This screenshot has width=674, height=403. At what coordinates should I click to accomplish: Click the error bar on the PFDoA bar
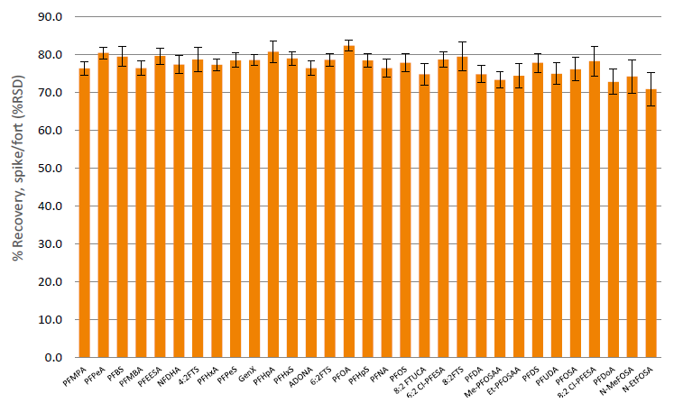click(613, 82)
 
